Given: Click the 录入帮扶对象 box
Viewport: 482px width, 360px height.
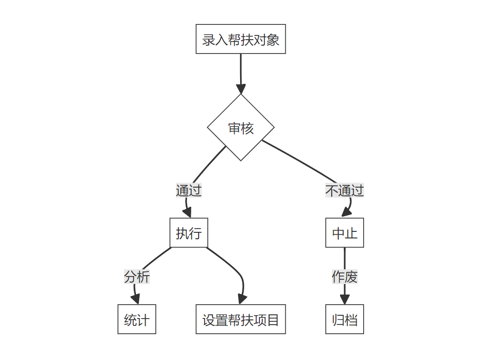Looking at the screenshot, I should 241,39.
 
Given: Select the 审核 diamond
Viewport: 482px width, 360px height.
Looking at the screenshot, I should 241,128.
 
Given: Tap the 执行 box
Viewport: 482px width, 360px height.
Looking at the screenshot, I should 189,233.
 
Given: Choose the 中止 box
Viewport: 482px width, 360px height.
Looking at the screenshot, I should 345,233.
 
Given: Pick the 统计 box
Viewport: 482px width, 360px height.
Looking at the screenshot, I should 137,319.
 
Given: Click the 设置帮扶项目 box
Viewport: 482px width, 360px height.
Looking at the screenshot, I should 241,319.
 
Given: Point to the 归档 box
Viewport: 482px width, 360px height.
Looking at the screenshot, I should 345,319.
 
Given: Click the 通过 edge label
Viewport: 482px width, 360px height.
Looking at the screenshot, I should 189,190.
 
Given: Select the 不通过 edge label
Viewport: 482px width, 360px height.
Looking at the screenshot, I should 345,190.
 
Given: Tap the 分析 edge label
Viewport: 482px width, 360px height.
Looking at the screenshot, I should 137,277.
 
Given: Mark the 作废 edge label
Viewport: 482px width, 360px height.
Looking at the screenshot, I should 345,277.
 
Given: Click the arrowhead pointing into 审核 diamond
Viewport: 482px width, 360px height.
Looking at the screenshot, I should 241,89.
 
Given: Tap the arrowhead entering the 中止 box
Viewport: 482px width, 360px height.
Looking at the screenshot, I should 346,213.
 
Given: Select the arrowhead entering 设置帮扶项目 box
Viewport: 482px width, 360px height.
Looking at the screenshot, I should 241,299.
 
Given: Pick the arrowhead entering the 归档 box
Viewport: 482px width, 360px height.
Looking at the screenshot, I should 345,299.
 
